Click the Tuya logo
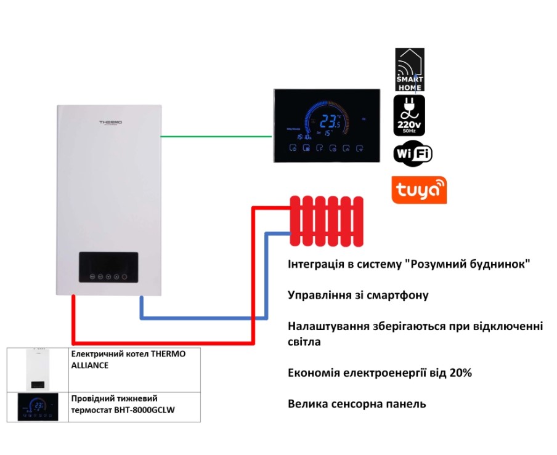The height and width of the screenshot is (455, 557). (419, 190)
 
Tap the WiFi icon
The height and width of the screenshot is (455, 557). (413, 153)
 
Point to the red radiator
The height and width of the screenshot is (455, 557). (326, 220)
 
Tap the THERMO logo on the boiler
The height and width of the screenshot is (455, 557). (111, 123)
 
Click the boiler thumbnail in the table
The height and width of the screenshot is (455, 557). (38, 369)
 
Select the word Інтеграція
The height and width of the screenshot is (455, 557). (317, 264)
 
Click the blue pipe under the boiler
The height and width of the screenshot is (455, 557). (203, 317)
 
